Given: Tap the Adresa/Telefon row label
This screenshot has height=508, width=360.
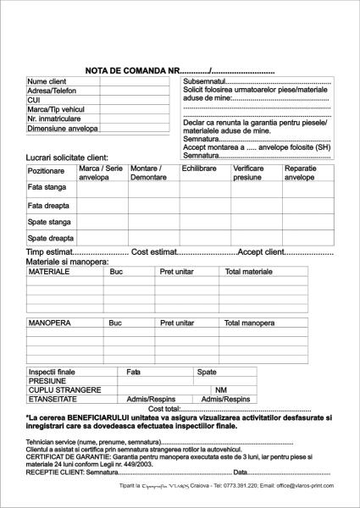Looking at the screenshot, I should (x=52, y=91).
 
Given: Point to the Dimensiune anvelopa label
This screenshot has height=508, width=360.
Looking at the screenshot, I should (x=62, y=129).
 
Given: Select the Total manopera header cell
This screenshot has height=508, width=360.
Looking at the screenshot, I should (x=249, y=323).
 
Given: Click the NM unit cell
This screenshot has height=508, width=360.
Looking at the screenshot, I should (x=221, y=389).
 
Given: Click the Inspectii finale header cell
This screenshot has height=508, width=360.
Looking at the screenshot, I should (x=52, y=372).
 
